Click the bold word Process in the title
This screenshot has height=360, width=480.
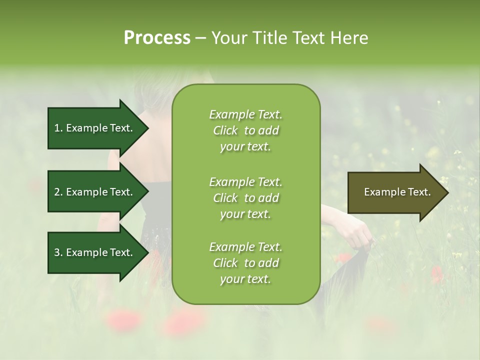[x=157, y=38]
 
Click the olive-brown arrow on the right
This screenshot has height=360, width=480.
[x=392, y=192]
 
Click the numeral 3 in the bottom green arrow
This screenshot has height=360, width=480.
[x=57, y=252]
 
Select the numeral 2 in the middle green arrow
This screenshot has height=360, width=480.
[x=57, y=192]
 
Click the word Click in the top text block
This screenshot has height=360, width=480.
[x=225, y=130]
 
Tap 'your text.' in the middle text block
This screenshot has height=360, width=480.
[x=245, y=214]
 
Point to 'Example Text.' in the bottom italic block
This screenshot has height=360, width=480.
[x=245, y=247]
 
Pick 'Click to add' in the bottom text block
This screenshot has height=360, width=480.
[x=245, y=263]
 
